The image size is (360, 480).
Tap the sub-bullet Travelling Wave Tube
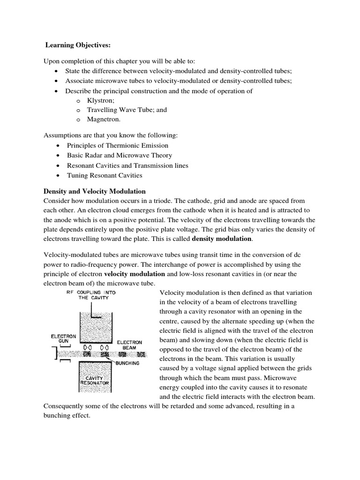click(127, 110)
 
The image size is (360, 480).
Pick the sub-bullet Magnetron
click(101, 119)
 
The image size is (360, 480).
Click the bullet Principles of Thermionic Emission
click(117, 145)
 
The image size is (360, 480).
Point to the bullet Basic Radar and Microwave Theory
click(119, 155)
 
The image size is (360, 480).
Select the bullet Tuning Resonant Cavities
click(104, 175)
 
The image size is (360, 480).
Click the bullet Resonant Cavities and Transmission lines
click(127, 165)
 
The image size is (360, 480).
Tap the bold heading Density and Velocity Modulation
click(94, 191)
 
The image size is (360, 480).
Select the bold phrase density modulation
click(222, 239)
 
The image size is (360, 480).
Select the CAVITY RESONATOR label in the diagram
click(95, 380)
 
